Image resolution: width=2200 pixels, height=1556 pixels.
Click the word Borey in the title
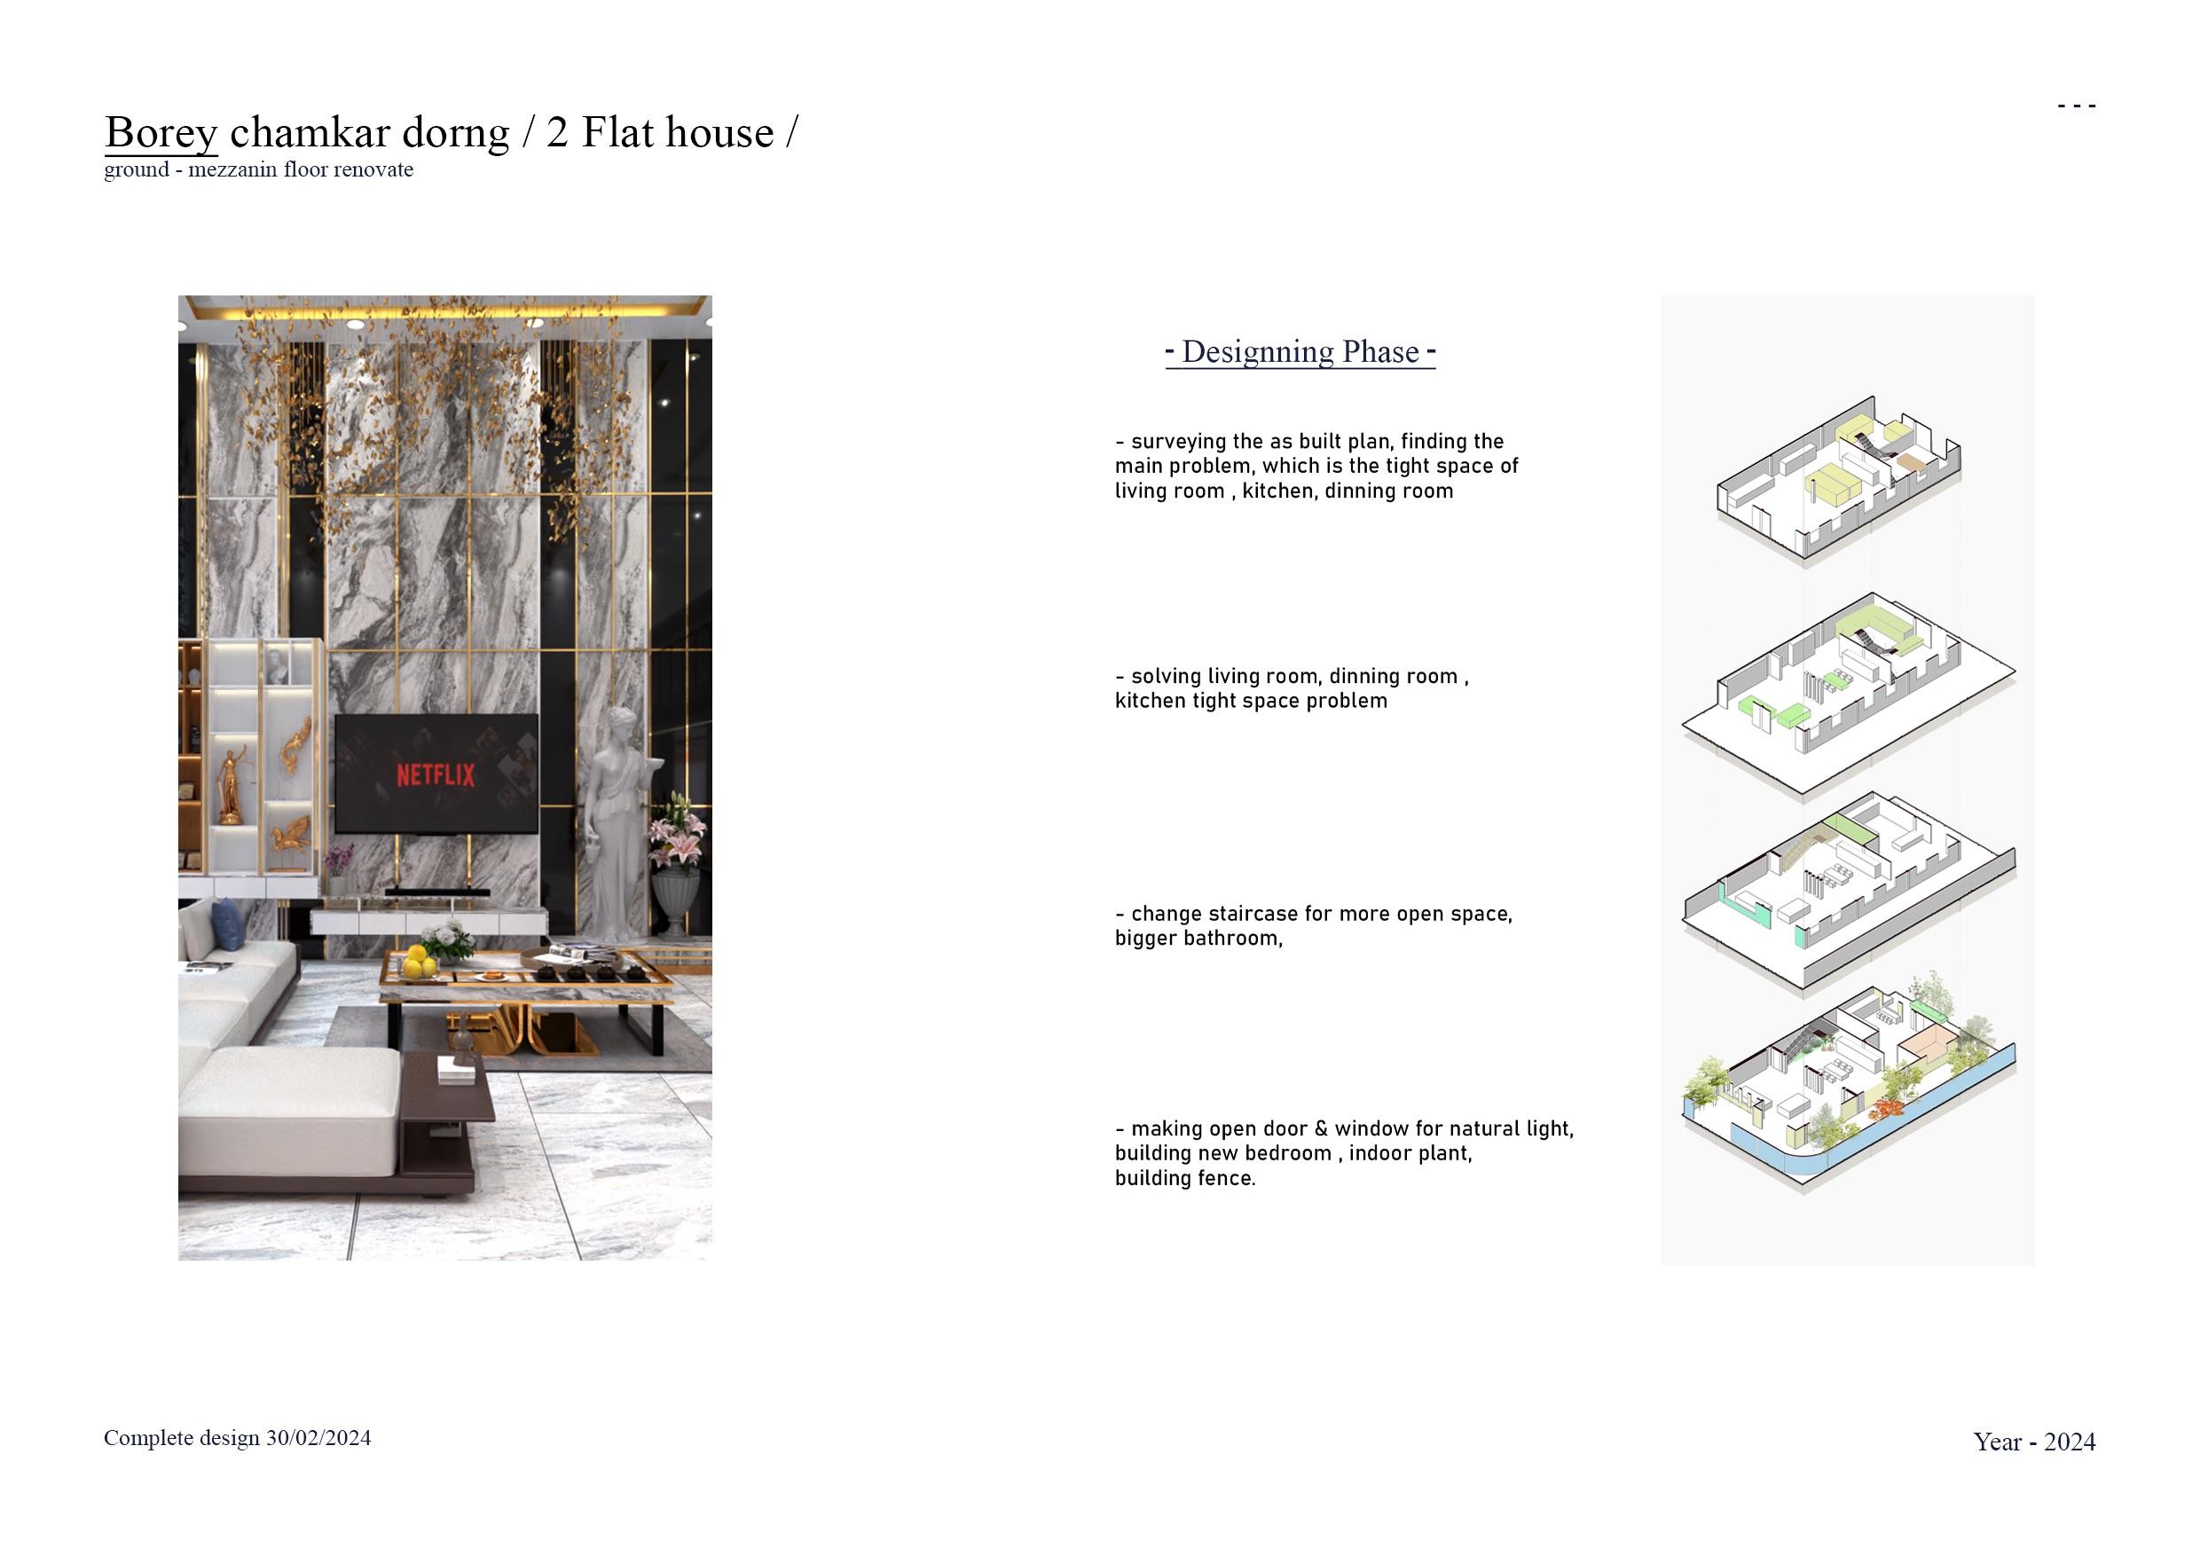(161, 132)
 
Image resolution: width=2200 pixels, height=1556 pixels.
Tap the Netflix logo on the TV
(436, 774)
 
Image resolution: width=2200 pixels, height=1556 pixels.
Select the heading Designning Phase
(1300, 351)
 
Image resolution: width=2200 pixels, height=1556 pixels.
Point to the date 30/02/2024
(318, 1438)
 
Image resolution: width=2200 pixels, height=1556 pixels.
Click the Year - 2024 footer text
(2034, 1442)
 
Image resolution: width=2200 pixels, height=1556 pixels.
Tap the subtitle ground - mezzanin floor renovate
(259, 169)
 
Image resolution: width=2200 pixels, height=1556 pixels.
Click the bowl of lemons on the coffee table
(418, 963)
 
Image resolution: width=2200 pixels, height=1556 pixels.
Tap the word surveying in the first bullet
(1174, 442)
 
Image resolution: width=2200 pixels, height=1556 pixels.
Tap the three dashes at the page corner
(2077, 106)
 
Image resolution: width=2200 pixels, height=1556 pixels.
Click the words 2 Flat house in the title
(660, 132)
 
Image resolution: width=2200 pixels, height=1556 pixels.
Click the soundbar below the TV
(431, 893)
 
